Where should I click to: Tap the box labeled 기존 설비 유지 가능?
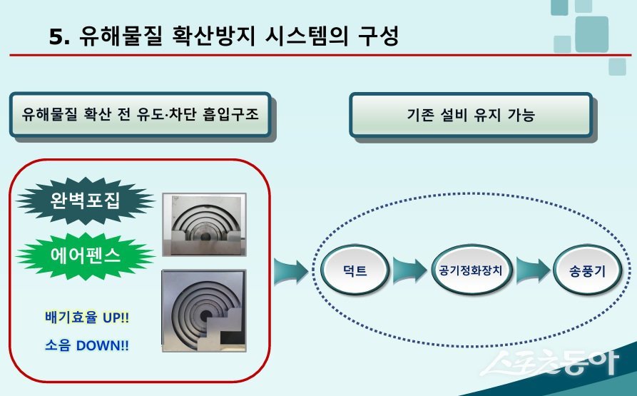(470, 114)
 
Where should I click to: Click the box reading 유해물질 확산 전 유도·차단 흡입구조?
(140, 114)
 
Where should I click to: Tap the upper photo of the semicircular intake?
(204, 226)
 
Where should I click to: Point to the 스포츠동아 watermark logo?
(549, 364)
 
